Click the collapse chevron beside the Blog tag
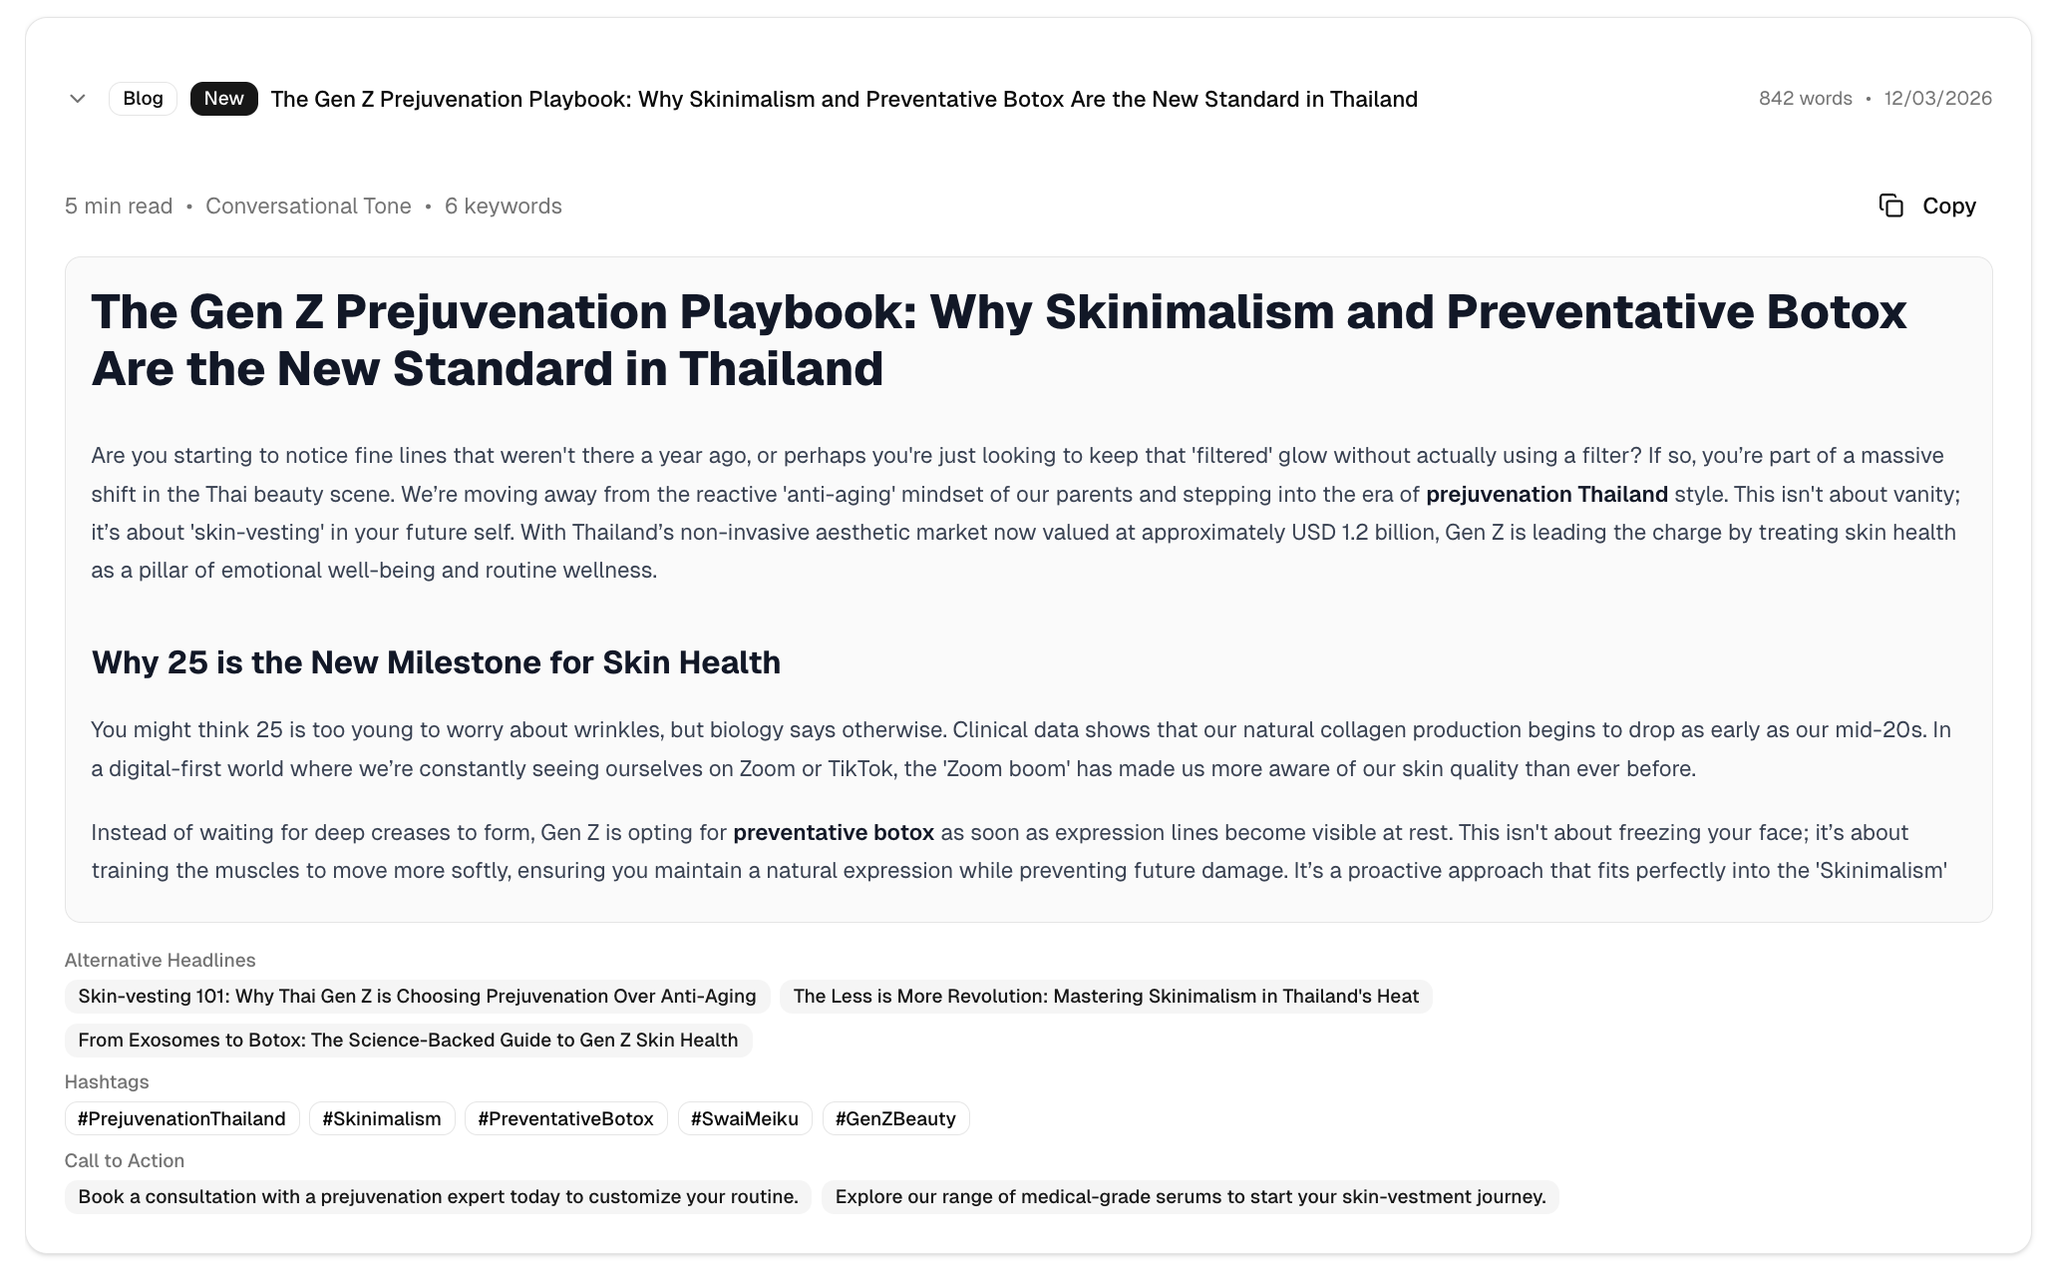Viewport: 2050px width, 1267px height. pyautogui.click(x=78, y=99)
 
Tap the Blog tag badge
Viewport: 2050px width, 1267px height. pyautogui.click(x=143, y=99)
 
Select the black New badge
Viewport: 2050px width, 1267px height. pyautogui.click(x=223, y=99)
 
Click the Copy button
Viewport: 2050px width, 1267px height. pyautogui.click(x=1928, y=206)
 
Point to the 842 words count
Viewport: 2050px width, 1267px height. pyautogui.click(x=1805, y=99)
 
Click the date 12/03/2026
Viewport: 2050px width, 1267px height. pyautogui.click(x=1937, y=99)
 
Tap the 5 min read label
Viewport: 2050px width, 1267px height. pyautogui.click(x=119, y=207)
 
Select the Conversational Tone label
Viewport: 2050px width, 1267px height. pyautogui.click(x=308, y=207)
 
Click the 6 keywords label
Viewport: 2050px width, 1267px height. pyautogui.click(x=503, y=207)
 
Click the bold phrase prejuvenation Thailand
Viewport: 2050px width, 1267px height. pyautogui.click(x=1546, y=495)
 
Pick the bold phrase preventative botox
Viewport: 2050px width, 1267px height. pyautogui.click(x=834, y=833)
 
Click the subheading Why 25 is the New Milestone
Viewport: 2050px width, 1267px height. pyautogui.click(x=436, y=662)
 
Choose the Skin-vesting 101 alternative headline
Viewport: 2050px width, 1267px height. pyautogui.click(x=417, y=997)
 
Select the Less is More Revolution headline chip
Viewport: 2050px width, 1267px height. pyautogui.click(x=1105, y=997)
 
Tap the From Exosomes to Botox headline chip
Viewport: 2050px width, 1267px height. pyautogui.click(x=408, y=1041)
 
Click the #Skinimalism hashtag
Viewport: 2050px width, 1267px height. pyautogui.click(x=382, y=1119)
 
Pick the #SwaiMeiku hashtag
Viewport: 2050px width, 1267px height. pyautogui.click(x=744, y=1119)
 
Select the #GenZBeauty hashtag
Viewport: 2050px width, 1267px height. pyautogui.click(x=895, y=1119)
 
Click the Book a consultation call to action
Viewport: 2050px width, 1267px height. pyautogui.click(x=438, y=1197)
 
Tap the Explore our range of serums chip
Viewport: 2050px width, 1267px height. pyautogui.click(x=1190, y=1197)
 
